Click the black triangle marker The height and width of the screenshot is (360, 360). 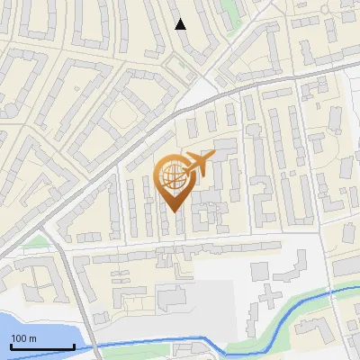(x=181, y=24)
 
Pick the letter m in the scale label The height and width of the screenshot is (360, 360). (x=32, y=338)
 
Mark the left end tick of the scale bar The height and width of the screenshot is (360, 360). (x=12, y=346)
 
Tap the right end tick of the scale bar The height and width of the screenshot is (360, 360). (x=74, y=346)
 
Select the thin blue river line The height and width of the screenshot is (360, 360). (x=135, y=344)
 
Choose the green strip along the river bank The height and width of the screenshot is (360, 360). (x=297, y=310)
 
